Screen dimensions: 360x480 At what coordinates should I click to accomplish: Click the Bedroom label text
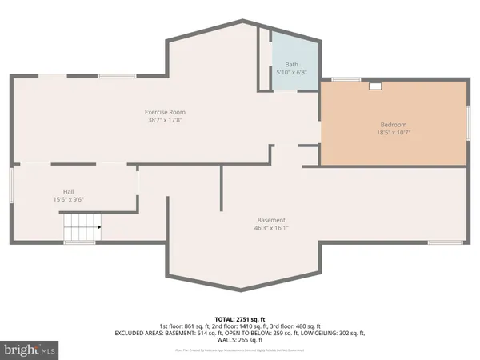point(394,125)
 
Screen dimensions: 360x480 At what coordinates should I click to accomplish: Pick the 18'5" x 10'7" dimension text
point(394,133)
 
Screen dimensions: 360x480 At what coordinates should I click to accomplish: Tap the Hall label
point(69,192)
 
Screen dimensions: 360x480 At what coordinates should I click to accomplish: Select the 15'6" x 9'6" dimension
point(69,199)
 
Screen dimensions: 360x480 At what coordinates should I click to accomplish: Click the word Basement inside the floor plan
point(271,220)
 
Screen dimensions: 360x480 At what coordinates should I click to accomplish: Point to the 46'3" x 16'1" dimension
point(271,228)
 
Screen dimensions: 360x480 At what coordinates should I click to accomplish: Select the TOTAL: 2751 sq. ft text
point(240,319)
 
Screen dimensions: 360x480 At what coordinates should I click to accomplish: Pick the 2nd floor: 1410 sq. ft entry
point(241,326)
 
